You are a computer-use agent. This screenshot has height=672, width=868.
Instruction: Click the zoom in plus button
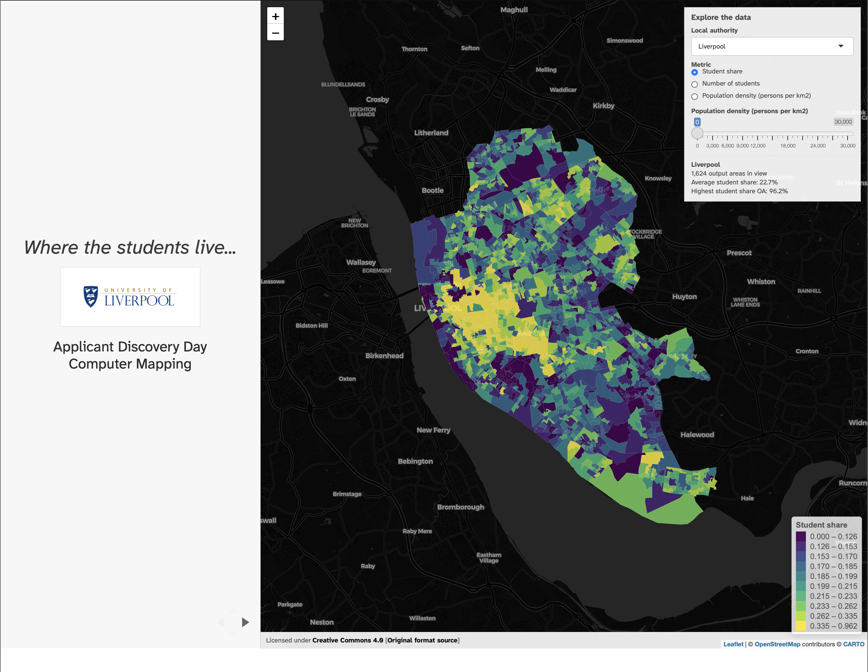tap(276, 16)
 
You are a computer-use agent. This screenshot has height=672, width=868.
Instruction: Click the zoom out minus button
tap(276, 33)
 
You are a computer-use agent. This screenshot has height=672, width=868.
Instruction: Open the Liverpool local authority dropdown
tap(772, 46)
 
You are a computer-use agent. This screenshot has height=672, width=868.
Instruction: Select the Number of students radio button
tap(694, 84)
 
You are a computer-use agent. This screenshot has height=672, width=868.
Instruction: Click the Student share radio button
tap(694, 72)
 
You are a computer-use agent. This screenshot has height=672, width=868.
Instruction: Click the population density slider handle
tap(697, 133)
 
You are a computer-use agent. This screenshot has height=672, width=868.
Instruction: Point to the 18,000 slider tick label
tap(787, 146)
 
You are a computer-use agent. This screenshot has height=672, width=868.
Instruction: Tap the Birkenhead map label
tap(384, 356)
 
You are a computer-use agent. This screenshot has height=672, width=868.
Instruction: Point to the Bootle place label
tap(432, 190)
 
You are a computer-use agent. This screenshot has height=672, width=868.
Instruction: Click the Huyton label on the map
tap(684, 297)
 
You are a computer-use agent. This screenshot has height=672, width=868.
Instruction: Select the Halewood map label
tap(697, 435)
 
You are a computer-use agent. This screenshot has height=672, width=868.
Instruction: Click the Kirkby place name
tap(603, 106)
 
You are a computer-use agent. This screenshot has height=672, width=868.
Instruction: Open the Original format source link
tap(422, 640)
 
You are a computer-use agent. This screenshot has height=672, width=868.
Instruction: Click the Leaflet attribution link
tap(733, 644)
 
